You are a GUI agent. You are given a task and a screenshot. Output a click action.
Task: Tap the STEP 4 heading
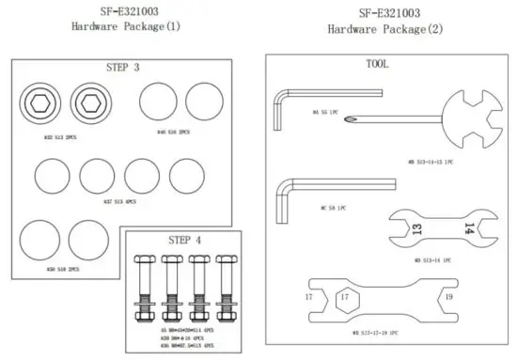click(184, 239)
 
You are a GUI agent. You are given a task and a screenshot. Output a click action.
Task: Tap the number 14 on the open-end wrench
click(467, 228)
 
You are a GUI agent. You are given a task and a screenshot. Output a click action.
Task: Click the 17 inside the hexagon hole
click(346, 298)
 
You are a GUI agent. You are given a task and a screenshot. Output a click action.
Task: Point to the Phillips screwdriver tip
click(351, 118)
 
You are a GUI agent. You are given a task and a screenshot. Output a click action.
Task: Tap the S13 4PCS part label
click(119, 201)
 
